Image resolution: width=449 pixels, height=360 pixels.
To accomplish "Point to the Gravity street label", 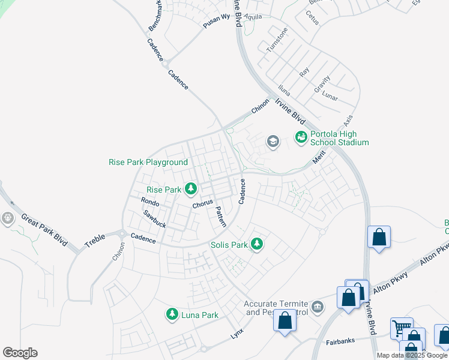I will pos(322,84).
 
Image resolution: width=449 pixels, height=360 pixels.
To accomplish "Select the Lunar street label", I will pos(331,96).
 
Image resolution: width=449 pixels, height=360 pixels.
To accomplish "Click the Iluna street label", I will pos(285,90).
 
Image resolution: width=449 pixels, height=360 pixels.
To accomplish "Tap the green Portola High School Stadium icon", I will pos(301,138).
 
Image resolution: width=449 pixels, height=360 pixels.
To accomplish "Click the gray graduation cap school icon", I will pos(273,142).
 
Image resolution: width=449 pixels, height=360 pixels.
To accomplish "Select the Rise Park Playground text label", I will pos(148,162).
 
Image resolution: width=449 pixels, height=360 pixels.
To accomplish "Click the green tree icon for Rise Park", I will pos(191,190).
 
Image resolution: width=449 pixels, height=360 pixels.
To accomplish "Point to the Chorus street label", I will pos(203,204).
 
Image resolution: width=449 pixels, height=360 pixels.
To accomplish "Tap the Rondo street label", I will pos(150,202).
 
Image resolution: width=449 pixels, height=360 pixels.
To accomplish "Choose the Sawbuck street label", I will pos(154,220).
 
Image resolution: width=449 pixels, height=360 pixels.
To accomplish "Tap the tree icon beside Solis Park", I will pos(257,244).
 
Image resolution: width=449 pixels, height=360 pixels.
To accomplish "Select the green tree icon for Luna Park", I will pos(172,314).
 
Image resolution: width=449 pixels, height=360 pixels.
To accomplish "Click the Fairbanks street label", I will pos(341,341).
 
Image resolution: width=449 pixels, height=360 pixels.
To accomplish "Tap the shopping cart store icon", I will pos(400,328).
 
